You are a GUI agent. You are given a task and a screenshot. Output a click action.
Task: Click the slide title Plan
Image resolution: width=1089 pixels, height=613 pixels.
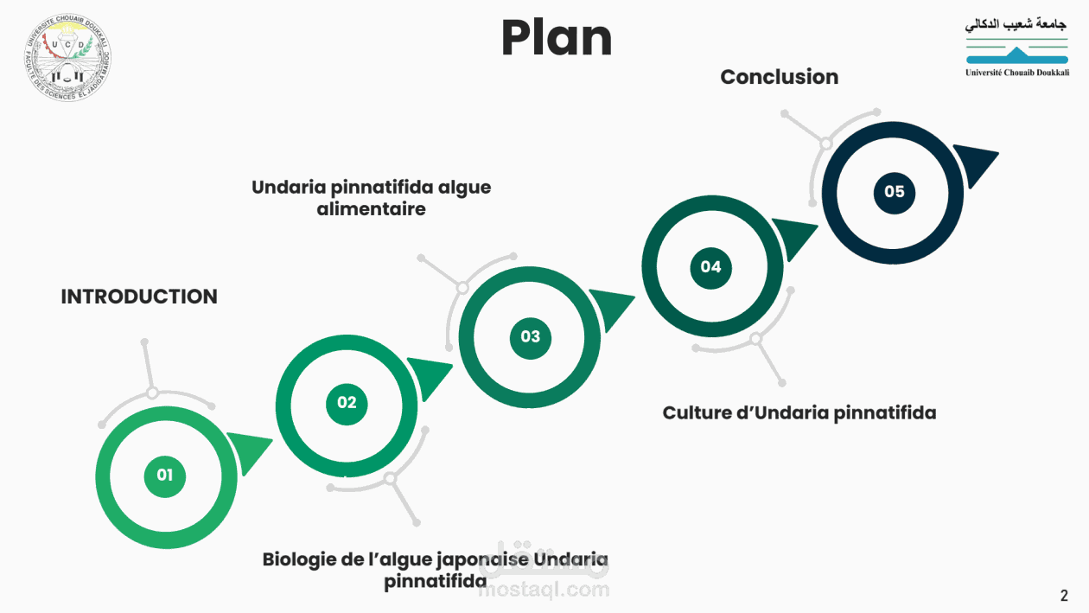(557, 39)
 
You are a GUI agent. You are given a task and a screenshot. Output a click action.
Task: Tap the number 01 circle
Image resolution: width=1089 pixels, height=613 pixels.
(165, 475)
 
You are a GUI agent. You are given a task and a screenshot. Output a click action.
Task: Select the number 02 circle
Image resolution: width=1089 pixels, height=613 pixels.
(347, 402)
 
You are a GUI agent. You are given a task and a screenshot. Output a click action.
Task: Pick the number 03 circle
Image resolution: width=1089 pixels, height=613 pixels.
(530, 336)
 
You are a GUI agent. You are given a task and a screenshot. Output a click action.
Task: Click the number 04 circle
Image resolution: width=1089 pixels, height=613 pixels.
(710, 266)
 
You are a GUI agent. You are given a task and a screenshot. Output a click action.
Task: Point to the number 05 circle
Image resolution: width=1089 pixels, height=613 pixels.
(894, 191)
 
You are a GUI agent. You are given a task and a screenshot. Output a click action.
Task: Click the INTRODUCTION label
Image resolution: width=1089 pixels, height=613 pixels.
(139, 297)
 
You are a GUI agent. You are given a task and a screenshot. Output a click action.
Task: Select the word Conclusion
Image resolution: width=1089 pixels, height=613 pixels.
(779, 77)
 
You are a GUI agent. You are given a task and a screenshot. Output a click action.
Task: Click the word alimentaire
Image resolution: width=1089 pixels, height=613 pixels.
(371, 208)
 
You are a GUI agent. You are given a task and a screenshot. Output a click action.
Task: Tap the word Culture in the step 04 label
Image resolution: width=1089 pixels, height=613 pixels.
(697, 412)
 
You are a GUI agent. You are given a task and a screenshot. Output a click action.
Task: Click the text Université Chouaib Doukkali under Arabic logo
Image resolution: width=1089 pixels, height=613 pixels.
(1016, 73)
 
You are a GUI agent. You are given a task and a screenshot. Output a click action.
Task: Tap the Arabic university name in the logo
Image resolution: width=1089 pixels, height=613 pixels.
(1016, 24)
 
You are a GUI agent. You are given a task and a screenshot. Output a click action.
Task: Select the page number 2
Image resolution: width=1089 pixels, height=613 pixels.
(1064, 596)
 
